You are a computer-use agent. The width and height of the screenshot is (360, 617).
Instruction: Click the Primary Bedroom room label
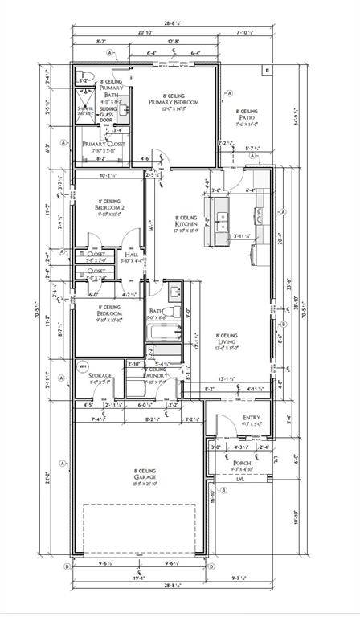[174, 103]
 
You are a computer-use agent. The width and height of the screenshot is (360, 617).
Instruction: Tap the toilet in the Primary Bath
[84, 78]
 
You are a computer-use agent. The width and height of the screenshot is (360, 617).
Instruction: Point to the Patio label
[247, 117]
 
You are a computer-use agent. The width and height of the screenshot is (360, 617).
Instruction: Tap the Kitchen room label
[187, 223]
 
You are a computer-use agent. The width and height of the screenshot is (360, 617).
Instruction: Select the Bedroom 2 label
[109, 206]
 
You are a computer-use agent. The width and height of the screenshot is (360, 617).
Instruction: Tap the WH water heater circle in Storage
[80, 366]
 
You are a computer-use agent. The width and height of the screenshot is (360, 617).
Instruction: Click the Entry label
[251, 418]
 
